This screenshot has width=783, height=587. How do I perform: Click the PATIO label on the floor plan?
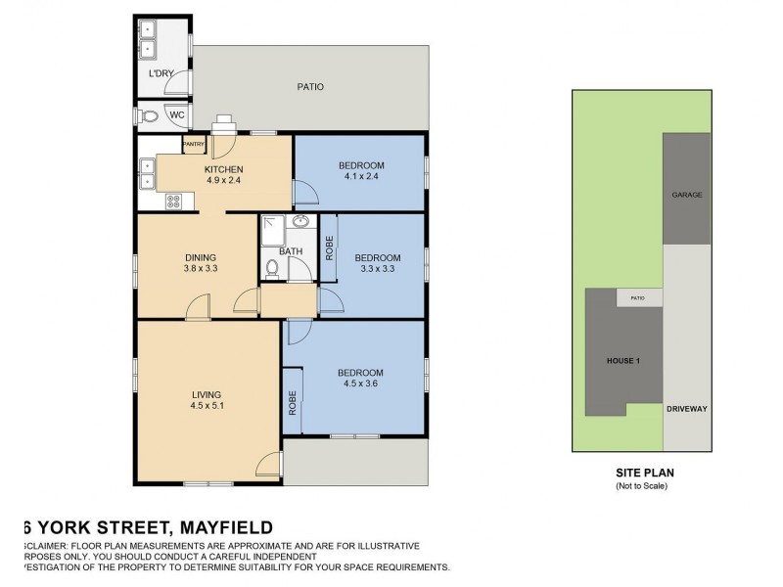click(x=310, y=87)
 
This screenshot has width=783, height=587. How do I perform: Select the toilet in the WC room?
click(x=149, y=115)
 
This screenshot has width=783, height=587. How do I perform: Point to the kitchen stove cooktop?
click(x=174, y=202)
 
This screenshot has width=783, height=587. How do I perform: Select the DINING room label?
click(x=200, y=257)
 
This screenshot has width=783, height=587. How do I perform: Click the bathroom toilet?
click(x=273, y=267)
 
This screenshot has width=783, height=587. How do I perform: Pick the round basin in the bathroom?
click(x=302, y=222)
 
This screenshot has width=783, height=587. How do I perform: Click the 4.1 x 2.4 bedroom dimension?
click(x=361, y=176)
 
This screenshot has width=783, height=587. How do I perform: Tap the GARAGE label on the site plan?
click(x=686, y=196)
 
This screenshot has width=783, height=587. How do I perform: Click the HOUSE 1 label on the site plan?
click(x=623, y=361)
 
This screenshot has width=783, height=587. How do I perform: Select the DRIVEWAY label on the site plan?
click(x=686, y=409)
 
